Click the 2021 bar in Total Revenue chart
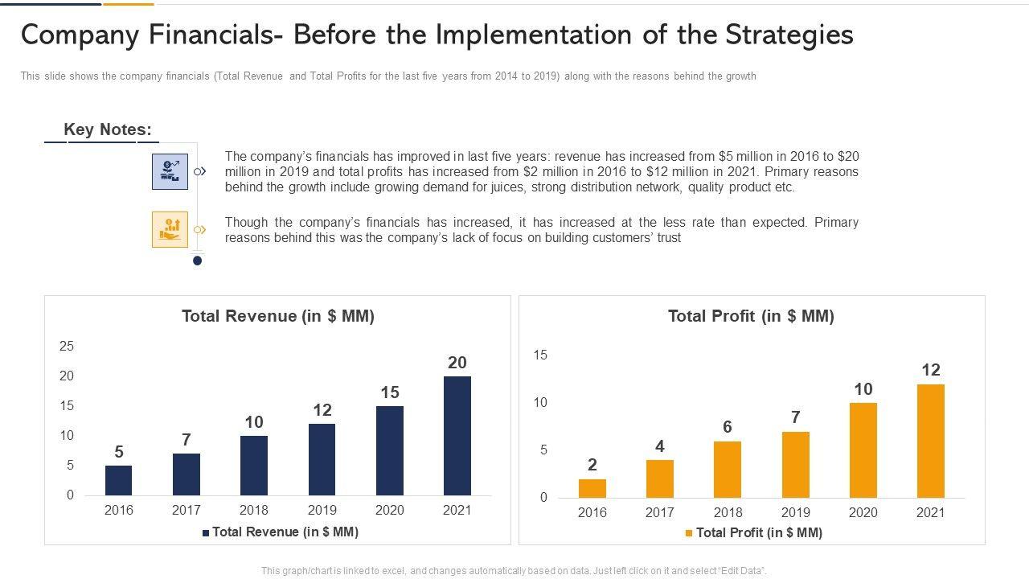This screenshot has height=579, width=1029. click(x=457, y=435)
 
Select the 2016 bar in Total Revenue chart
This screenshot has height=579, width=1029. click(x=118, y=480)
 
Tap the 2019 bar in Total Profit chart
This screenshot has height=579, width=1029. click(x=795, y=464)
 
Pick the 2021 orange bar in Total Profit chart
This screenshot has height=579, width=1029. click(x=930, y=441)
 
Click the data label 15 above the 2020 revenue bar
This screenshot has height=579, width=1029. click(x=390, y=392)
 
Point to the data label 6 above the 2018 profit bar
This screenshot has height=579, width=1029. click(x=728, y=427)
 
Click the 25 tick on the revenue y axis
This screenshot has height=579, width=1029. click(x=66, y=347)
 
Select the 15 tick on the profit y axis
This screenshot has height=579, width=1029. click(x=540, y=355)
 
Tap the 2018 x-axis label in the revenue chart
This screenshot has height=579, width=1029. click(x=254, y=510)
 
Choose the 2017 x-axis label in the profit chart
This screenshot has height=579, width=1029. click(x=660, y=512)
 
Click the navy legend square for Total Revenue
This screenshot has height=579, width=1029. click(x=206, y=532)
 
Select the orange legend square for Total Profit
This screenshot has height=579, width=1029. click(x=689, y=533)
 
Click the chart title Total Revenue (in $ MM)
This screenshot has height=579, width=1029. click(x=278, y=316)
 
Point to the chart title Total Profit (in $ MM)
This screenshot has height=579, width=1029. click(x=751, y=316)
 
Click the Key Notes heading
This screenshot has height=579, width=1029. click(x=108, y=129)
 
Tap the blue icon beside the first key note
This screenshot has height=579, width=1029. click(x=170, y=171)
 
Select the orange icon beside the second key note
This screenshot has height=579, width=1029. click(x=170, y=229)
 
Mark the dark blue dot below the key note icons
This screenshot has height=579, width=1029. click(x=197, y=261)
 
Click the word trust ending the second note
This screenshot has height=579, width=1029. click(x=668, y=238)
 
